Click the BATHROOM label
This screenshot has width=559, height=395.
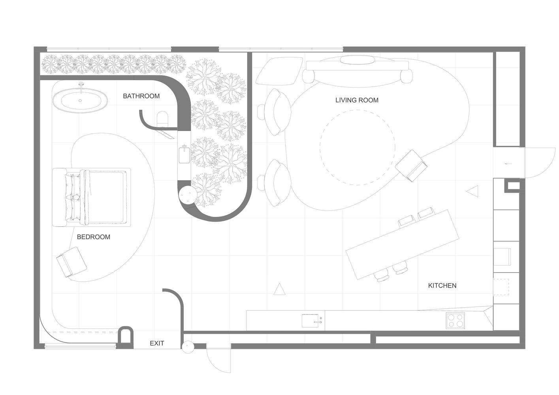point(141,96)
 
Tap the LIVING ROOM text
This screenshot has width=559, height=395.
point(357,100)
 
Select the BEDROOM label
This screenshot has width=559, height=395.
point(94,237)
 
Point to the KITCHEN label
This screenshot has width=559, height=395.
point(442,286)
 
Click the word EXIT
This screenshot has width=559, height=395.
point(157,343)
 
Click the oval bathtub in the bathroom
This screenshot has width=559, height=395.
point(80,100)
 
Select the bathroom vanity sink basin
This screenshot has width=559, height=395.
point(184,155)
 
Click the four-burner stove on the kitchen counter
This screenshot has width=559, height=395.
point(455,320)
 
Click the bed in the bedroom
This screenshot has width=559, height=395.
point(91,197)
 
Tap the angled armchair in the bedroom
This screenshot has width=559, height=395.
point(72,262)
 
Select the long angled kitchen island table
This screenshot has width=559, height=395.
point(403,245)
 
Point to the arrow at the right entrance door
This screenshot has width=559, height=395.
point(508,164)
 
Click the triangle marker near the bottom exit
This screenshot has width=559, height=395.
point(280,289)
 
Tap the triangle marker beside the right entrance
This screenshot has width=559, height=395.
point(472,192)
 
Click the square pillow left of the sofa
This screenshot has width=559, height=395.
point(279,71)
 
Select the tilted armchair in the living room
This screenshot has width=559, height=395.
point(411,166)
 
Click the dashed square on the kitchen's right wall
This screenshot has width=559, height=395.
point(501,287)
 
